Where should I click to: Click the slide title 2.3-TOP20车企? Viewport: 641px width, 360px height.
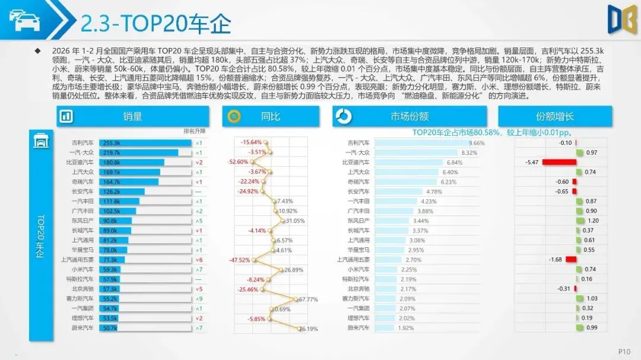click(x=156, y=23)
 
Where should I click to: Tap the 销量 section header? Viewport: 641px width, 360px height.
click(x=133, y=116)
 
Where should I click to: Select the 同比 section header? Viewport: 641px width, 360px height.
click(x=270, y=116)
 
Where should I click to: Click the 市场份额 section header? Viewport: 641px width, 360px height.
click(x=410, y=116)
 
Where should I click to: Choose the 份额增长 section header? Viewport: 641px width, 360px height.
click(x=554, y=116)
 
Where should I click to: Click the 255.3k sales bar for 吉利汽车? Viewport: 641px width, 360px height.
click(x=145, y=143)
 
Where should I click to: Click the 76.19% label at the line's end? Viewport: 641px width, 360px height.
click(x=308, y=328)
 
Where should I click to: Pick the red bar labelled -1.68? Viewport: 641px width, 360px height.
click(x=571, y=259)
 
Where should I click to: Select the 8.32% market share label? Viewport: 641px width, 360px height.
click(x=468, y=152)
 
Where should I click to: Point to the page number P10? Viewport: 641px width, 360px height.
click(x=623, y=351)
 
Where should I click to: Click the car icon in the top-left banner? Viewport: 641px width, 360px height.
click(x=24, y=20)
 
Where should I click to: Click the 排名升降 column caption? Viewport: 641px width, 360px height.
click(x=194, y=131)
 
